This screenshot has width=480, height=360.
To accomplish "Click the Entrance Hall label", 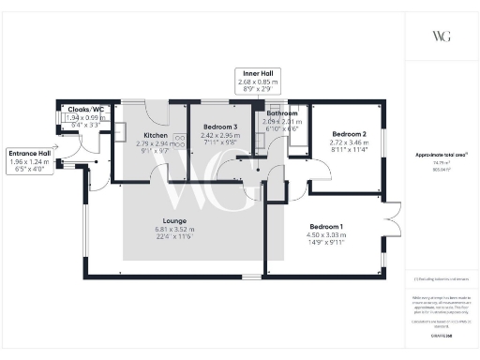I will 29,152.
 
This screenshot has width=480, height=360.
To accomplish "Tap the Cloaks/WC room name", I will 85,109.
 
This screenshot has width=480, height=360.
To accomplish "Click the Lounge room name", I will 178,221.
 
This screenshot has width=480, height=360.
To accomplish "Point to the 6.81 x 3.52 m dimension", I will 178,230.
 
